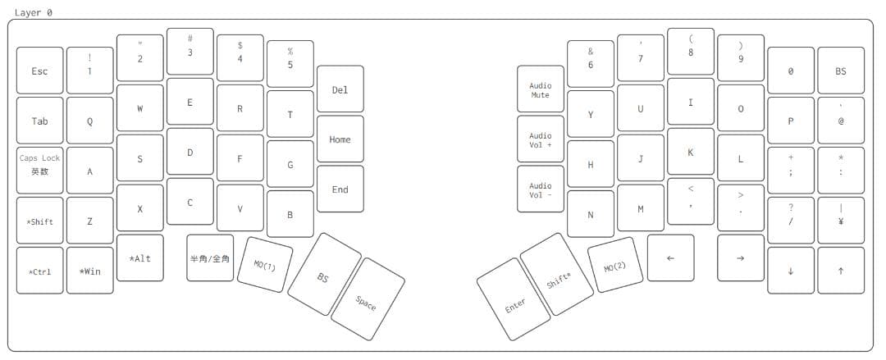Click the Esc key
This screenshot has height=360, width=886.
(39, 71)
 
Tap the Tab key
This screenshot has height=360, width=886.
(39, 121)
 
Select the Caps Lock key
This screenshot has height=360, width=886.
(39, 171)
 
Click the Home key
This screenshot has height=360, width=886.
(340, 139)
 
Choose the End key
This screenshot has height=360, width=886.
(340, 189)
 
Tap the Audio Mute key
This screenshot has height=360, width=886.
(540, 89)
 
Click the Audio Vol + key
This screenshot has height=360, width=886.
(540, 139)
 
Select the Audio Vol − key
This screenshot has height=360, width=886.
(540, 189)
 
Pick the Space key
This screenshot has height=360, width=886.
(368, 299)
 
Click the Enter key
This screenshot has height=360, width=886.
(513, 299)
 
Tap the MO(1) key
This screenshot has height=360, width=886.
(264, 265)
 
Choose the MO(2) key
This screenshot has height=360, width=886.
(615, 265)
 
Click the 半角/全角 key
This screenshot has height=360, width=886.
(210, 257)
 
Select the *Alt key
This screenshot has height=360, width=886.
(140, 257)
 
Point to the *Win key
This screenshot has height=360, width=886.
(90, 271)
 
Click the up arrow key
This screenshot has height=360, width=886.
(841, 271)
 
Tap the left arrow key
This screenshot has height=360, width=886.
(671, 257)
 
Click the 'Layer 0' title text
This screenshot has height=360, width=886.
(34, 12)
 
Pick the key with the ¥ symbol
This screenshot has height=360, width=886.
(841, 221)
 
